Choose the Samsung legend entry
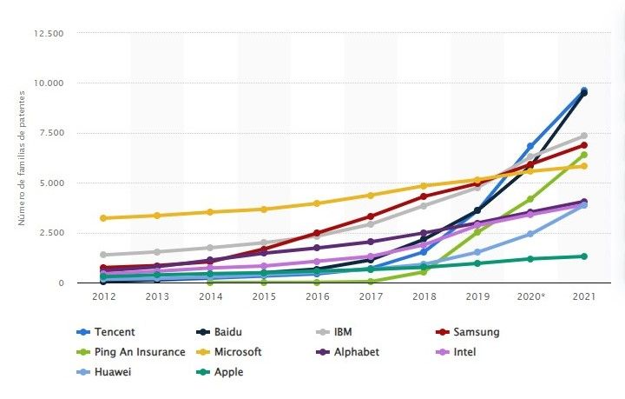click(x=476, y=331)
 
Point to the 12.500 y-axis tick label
click(x=49, y=33)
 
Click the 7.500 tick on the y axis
click(x=51, y=133)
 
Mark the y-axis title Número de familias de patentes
click(x=23, y=157)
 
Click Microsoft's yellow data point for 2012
click(x=103, y=218)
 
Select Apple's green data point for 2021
click(x=583, y=256)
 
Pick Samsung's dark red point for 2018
click(x=424, y=196)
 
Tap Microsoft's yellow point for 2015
click(x=263, y=209)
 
